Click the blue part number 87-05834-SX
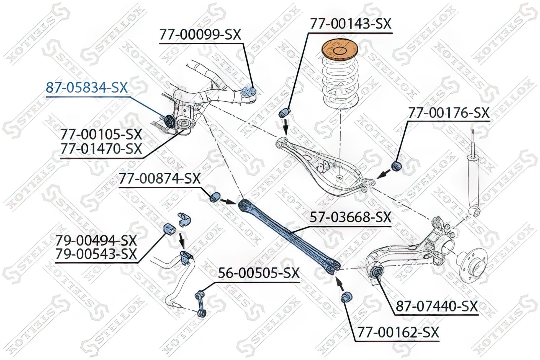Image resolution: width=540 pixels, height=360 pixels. point(87,88)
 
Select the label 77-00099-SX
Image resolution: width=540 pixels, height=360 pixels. point(200,35)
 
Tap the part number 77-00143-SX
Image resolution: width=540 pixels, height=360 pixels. point(350,24)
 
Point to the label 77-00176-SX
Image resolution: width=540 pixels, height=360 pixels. point(449,113)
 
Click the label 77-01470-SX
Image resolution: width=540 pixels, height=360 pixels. point(101,149)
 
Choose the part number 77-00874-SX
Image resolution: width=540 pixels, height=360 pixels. point(160,179)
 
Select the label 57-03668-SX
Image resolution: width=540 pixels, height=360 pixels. point(350,217)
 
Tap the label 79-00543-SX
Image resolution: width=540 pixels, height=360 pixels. point(96,254)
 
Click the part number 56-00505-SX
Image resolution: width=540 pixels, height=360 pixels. point(259,273)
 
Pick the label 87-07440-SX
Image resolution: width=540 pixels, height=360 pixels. point(437,306)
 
